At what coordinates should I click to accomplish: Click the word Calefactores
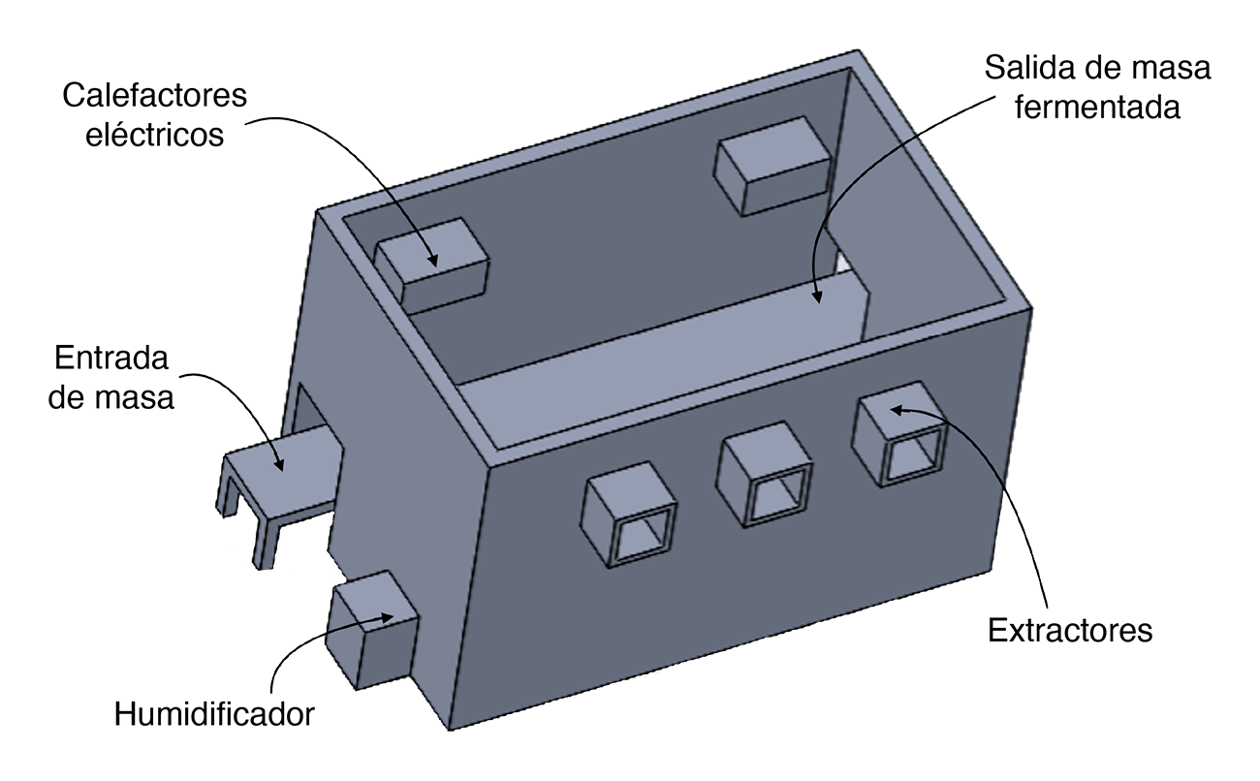(154, 95)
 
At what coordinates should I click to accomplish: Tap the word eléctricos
(154, 135)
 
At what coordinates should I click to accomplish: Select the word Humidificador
(214, 714)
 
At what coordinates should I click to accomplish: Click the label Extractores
(1070, 630)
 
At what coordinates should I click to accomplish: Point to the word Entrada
(111, 358)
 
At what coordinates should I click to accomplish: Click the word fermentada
(1097, 107)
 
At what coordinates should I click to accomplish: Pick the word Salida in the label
(1030, 68)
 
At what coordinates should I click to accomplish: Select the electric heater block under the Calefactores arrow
(432, 266)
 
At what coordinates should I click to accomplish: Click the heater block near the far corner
(772, 166)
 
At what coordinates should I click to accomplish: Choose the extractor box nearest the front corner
(628, 515)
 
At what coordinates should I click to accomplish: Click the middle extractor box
(765, 475)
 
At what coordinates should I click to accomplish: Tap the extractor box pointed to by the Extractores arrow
(900, 434)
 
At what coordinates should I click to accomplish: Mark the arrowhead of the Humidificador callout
(387, 617)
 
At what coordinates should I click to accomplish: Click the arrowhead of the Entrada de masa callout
(278, 464)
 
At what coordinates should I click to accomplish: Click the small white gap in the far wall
(841, 262)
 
